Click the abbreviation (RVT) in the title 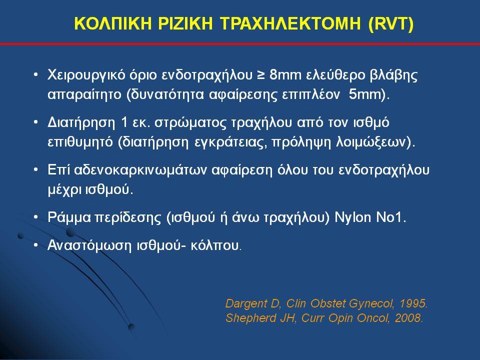(391, 24)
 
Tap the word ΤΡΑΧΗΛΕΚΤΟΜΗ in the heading (290, 23)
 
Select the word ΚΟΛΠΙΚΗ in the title (113, 23)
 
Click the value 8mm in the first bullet (285, 75)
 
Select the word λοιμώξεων (372, 142)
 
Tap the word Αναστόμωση (89, 246)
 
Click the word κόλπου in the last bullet (214, 246)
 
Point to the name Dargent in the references (246, 304)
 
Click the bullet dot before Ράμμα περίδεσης (36, 217)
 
